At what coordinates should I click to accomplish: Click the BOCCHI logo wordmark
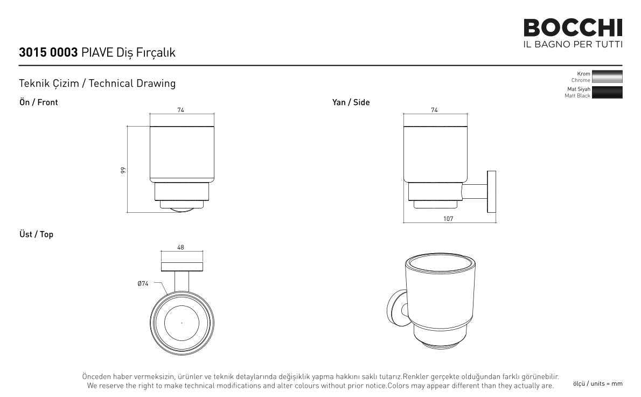[x=573, y=28]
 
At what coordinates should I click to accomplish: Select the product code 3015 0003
[x=48, y=52]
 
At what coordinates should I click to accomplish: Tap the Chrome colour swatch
[x=607, y=76]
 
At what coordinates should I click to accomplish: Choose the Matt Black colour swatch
[x=607, y=92]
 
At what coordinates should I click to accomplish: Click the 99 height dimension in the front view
[x=123, y=170]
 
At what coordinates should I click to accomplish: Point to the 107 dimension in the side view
[x=448, y=219]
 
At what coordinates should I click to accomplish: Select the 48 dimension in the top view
[x=180, y=247]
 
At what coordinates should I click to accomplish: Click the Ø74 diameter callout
[x=143, y=283]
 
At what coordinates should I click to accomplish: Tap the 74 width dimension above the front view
[x=180, y=110]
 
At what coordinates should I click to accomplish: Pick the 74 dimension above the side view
[x=434, y=110]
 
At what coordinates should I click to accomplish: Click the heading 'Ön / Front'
[x=38, y=102]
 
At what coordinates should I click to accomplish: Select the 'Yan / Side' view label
[x=351, y=102]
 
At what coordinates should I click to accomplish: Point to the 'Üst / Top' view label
[x=37, y=234]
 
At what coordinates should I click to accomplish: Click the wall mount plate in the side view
[x=491, y=192]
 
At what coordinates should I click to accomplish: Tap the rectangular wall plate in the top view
[x=182, y=267]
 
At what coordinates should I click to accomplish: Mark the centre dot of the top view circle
[x=182, y=323]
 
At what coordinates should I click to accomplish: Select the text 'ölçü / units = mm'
[x=598, y=384]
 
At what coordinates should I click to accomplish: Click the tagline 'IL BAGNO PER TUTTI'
[x=573, y=44]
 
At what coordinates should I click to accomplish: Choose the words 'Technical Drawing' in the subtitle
[x=132, y=83]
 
